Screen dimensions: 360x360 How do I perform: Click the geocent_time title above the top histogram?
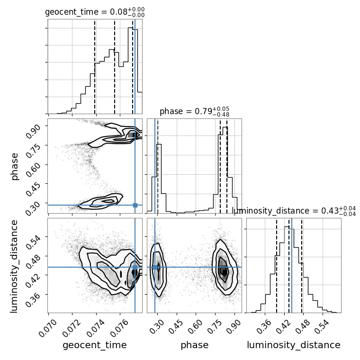pyautogui.click(x=95, y=12)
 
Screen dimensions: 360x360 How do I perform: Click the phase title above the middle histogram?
pyautogui.click(x=195, y=111)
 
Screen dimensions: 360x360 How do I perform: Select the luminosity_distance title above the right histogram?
pyautogui.click(x=294, y=211)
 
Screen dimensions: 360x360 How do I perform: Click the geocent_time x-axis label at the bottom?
pyautogui.click(x=95, y=345)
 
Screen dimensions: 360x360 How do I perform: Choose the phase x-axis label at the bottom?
pyautogui.click(x=195, y=345)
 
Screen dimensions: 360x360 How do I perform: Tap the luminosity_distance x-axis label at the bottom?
pyautogui.click(x=294, y=345)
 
